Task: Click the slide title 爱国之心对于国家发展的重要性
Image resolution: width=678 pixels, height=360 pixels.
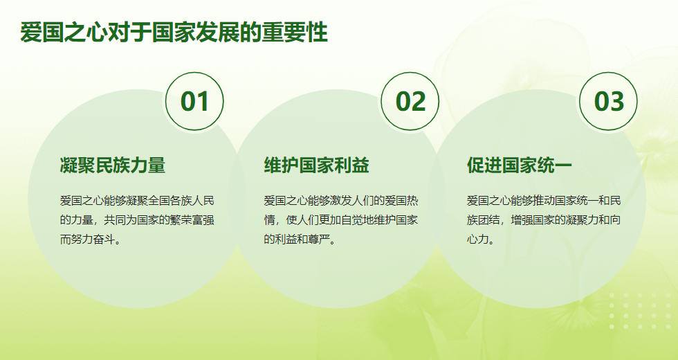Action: pos(174,33)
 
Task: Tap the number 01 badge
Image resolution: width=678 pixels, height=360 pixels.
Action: pos(194,101)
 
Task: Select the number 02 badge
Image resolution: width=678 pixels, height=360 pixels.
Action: pos(410,101)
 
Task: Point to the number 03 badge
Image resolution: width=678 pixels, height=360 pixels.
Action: pos(608,101)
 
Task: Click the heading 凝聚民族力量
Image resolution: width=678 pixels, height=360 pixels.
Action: pos(112,165)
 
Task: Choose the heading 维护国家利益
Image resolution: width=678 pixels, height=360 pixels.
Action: pos(317,165)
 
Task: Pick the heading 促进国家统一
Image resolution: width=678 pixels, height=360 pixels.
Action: pos(520,165)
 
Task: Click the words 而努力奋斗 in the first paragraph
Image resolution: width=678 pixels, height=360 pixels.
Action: pos(87,239)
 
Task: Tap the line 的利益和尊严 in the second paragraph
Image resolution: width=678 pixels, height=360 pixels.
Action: pos(297,239)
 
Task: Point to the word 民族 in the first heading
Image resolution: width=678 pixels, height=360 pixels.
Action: pos(112,165)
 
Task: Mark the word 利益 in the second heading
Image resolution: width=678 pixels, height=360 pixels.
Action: pos(352,165)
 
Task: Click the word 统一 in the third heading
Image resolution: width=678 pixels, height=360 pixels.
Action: pos(555,165)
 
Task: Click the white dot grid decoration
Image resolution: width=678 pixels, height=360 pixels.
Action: pos(640,311)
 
